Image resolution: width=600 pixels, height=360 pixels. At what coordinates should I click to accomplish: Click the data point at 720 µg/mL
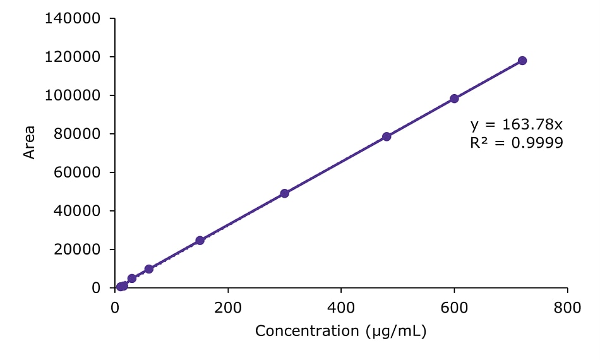[x=522, y=61]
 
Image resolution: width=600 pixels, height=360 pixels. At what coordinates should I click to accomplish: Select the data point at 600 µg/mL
[x=454, y=99]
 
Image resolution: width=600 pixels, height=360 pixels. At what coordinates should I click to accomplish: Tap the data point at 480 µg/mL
[x=387, y=136]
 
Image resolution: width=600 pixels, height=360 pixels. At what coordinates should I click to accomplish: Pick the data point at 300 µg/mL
[x=285, y=193]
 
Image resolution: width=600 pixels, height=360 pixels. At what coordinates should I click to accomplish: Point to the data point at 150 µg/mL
[x=200, y=241]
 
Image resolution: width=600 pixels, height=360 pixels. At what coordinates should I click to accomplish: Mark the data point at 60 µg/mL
[x=149, y=269]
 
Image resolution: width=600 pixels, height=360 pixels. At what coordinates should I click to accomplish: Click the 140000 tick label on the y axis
[x=73, y=18]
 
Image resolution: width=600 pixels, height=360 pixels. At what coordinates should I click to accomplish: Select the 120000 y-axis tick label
[x=73, y=57]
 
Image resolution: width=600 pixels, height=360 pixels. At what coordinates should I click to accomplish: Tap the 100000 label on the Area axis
[x=73, y=95]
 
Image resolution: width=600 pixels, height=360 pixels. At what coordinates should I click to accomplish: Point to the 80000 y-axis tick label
[x=77, y=134]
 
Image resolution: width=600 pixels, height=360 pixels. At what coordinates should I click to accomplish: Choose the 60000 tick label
[x=77, y=172]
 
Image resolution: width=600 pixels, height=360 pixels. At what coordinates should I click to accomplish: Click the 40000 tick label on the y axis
[x=77, y=211]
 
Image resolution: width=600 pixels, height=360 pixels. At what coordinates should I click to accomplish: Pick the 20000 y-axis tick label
[x=77, y=249]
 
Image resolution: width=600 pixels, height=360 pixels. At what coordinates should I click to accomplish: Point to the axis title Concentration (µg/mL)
[x=341, y=331]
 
